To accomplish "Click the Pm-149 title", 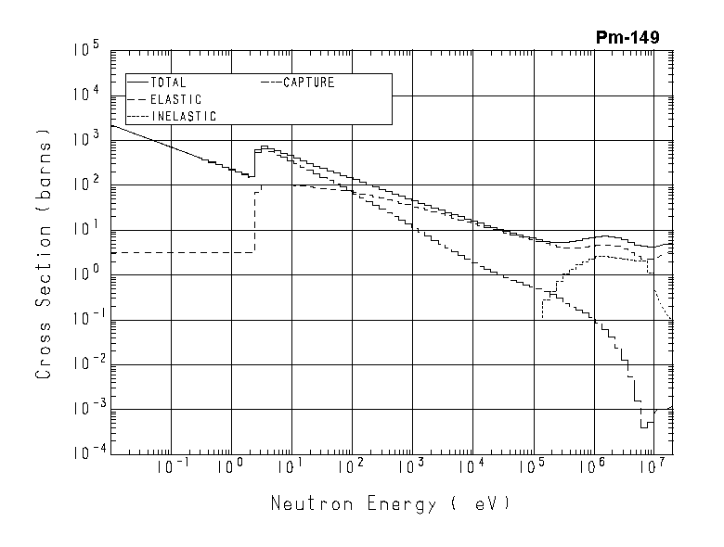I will (x=628, y=37).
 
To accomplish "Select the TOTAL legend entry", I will (x=167, y=83).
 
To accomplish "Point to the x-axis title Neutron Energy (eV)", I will (x=391, y=504).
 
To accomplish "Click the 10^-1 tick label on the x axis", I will (x=170, y=467).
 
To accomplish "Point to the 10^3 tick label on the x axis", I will (x=412, y=467).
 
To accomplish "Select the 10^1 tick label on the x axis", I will (x=291, y=467).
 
